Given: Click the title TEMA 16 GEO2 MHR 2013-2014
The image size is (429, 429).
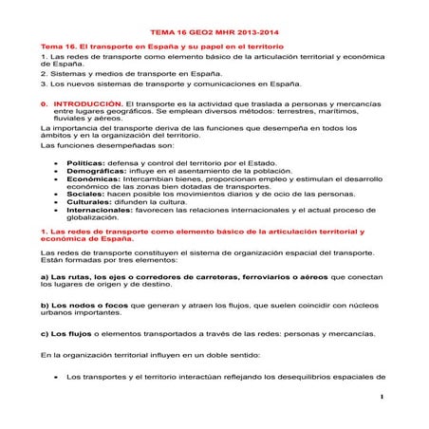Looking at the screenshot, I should [214, 31].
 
